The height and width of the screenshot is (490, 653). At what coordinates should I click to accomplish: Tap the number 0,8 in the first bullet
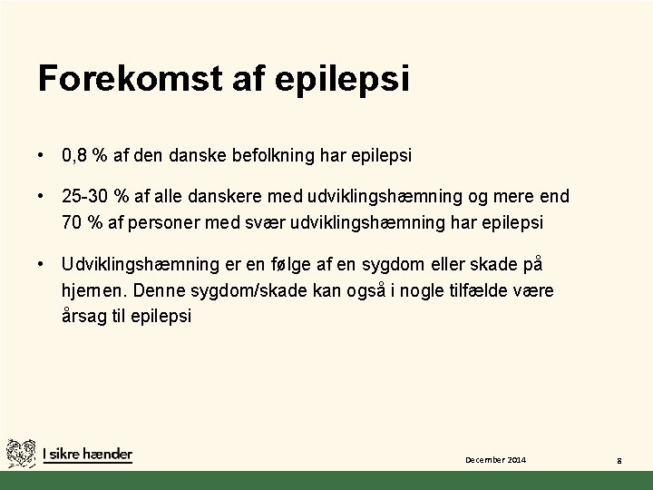pos(74,155)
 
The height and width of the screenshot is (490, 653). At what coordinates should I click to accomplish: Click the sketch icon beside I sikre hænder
pos(21,453)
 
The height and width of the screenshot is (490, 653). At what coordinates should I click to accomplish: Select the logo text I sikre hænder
pos(87,454)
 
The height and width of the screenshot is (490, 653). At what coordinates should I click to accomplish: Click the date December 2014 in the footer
pos(496,461)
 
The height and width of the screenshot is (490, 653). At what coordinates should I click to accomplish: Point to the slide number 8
pos(619,462)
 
